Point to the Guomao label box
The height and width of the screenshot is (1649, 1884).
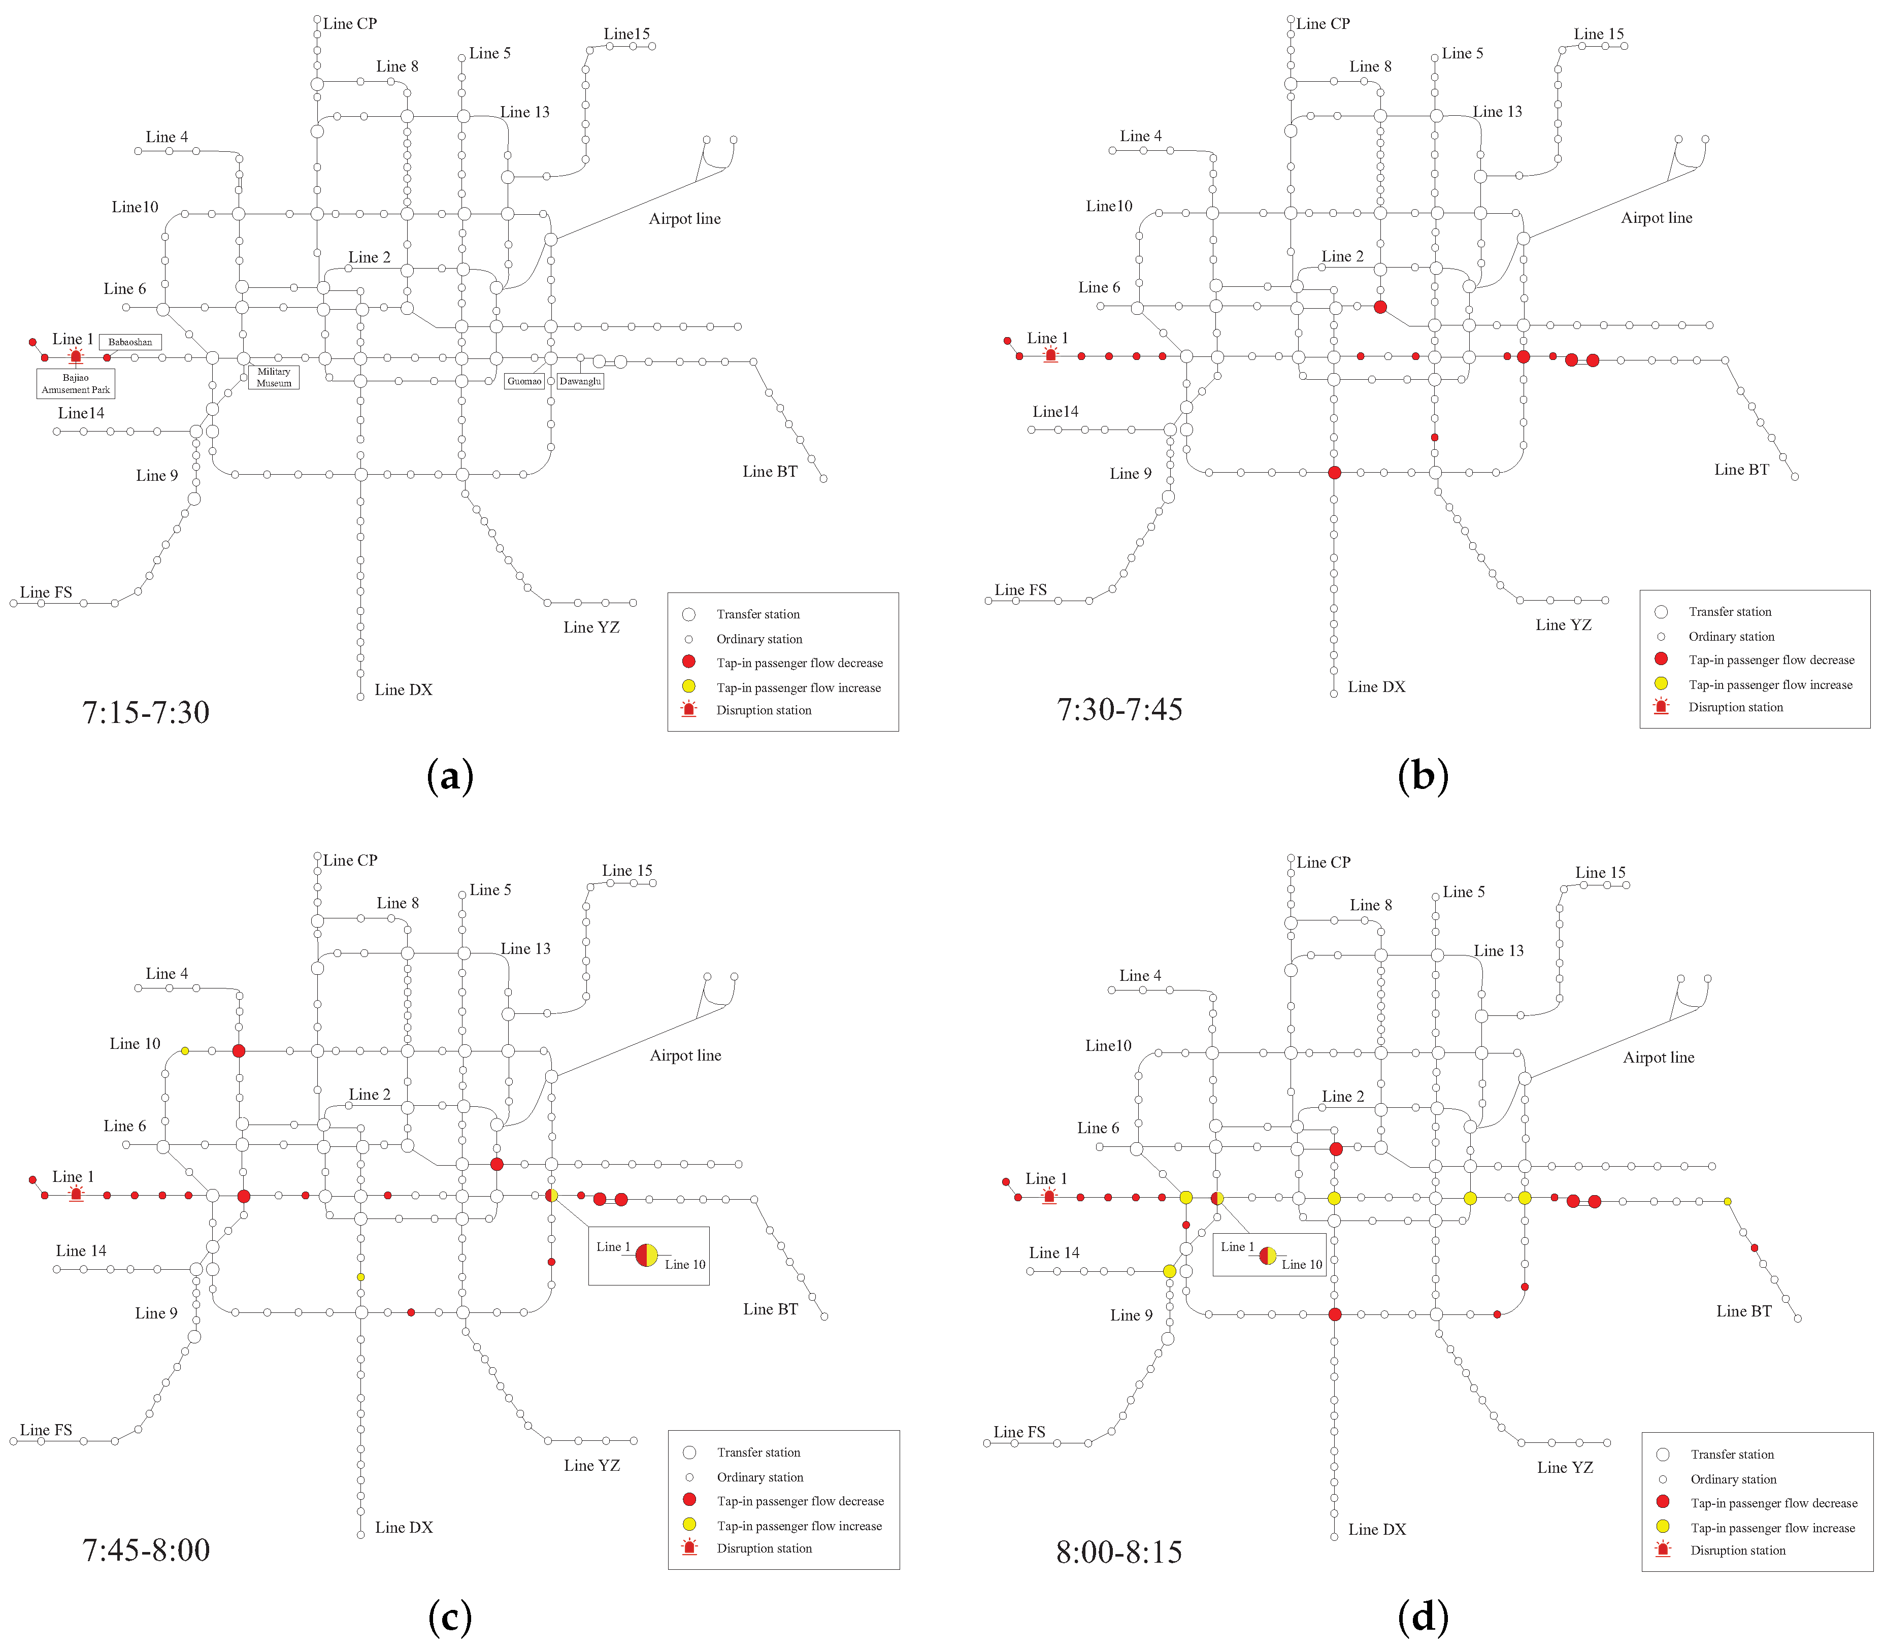524,381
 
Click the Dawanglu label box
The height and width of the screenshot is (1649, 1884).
580,381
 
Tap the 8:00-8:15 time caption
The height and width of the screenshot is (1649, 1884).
1118,1553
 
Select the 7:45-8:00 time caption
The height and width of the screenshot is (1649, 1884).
146,1549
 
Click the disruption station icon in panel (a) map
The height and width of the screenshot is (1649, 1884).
76,356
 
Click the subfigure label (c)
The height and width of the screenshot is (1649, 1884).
450,1617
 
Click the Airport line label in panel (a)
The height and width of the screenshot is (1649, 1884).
684,219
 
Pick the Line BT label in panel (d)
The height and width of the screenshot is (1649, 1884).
1743,1311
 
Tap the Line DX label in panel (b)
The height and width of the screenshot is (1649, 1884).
1376,686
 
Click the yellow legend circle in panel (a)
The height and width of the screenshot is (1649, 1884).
688,686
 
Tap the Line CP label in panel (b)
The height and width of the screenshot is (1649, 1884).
1323,24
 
